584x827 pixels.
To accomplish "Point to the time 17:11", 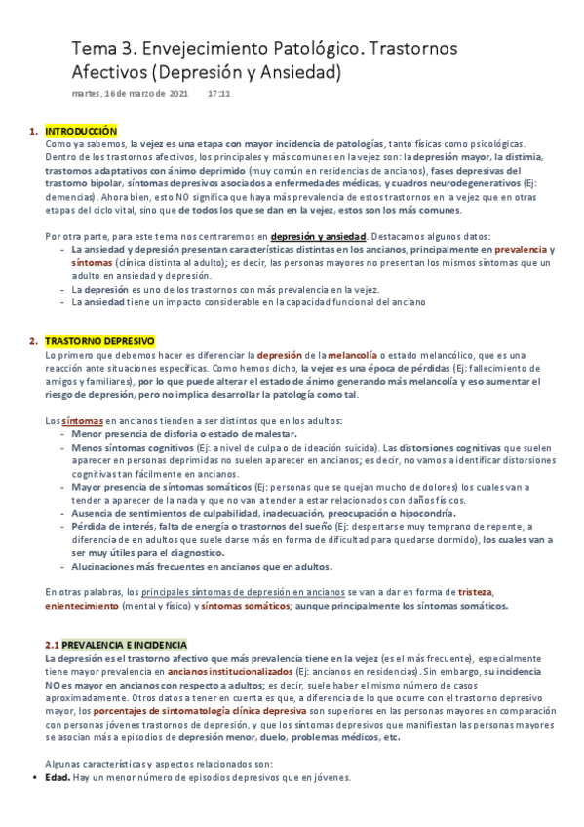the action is click(x=218, y=95).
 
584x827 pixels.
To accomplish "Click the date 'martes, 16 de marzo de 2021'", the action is click(x=130, y=95).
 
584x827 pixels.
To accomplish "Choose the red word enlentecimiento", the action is click(x=85, y=606).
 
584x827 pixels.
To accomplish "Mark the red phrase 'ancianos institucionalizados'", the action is click(x=229, y=672).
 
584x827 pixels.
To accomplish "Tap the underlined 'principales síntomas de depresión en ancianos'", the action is click(x=244, y=592).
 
